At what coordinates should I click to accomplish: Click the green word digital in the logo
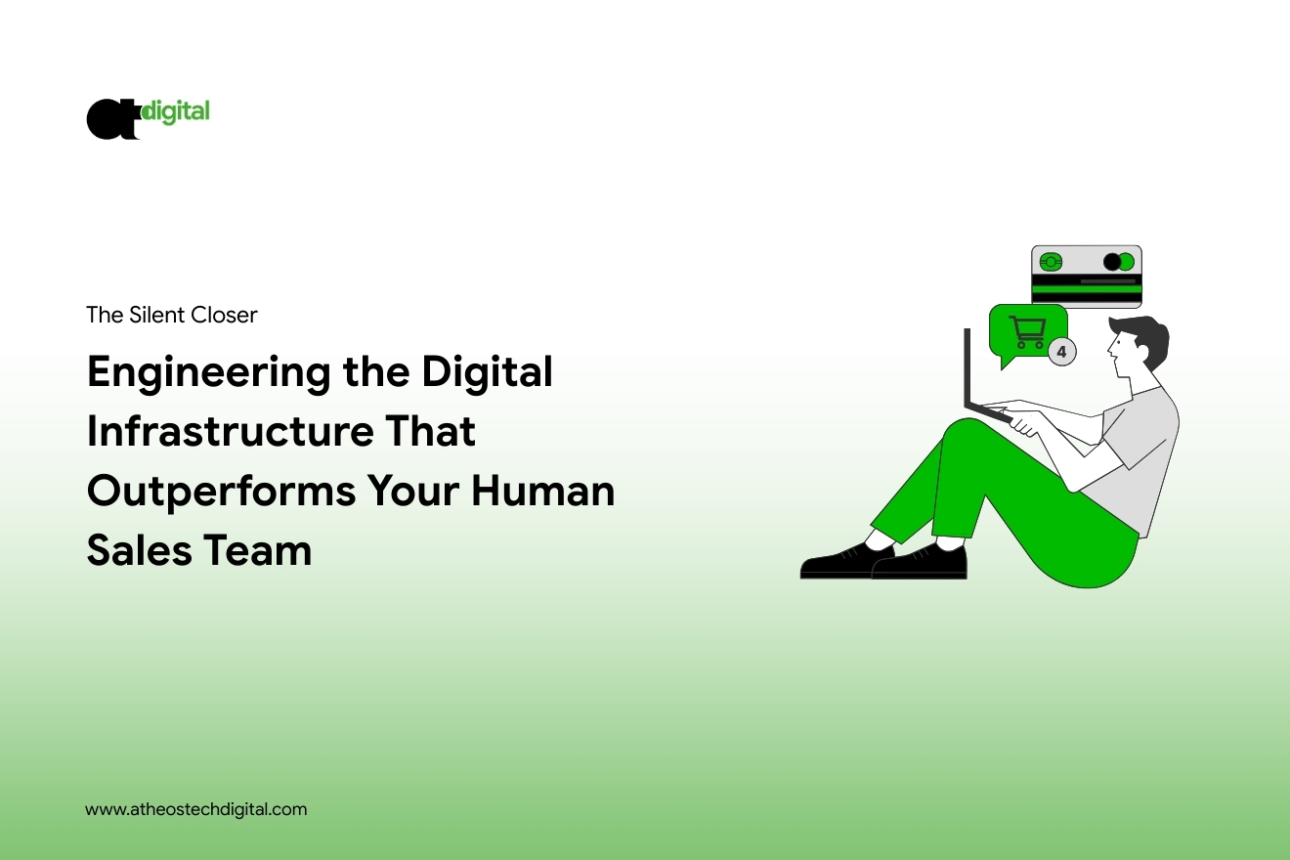coord(176,112)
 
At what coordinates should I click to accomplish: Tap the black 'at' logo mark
coord(112,119)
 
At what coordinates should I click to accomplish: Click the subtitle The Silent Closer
coord(172,315)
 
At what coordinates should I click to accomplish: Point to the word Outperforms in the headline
coord(221,493)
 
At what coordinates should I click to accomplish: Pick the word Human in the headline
coord(543,491)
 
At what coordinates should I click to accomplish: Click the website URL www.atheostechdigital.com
coord(195,809)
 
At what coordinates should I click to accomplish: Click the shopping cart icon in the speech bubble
coord(1027,332)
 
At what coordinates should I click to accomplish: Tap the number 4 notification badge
coord(1061,352)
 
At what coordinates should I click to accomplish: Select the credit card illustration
coord(1086,276)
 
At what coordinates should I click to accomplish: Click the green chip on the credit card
coord(1051,262)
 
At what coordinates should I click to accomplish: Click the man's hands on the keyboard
coord(1022,422)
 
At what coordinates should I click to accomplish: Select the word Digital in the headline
coord(488,372)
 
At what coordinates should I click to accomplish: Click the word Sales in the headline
coord(139,550)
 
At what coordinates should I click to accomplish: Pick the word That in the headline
coord(430,430)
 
